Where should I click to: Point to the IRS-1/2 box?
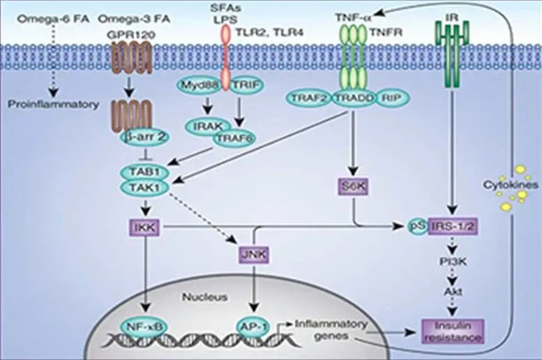pyautogui.click(x=452, y=227)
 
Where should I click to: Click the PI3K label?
pyautogui.click(x=452, y=260)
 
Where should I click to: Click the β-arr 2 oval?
pyautogui.click(x=140, y=136)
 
